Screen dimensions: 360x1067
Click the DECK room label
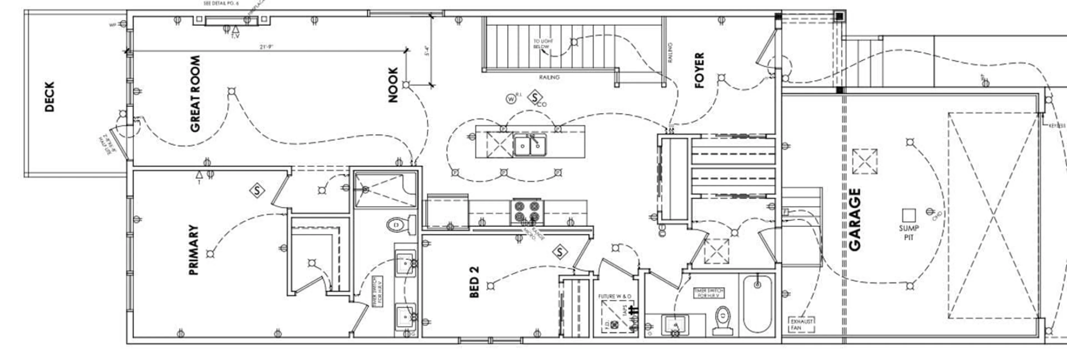click(49, 96)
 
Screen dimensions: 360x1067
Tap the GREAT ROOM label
click(195, 94)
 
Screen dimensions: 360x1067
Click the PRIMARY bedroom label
click(193, 250)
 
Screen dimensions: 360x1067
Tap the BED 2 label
click(474, 282)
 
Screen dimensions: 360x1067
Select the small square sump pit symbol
click(909, 215)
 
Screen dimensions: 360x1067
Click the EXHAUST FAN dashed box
click(801, 324)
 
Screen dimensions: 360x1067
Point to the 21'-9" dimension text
click(266, 47)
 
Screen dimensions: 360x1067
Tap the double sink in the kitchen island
click(530, 145)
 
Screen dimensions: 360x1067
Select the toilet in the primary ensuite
click(399, 225)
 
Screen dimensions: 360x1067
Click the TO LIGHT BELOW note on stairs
click(543, 44)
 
